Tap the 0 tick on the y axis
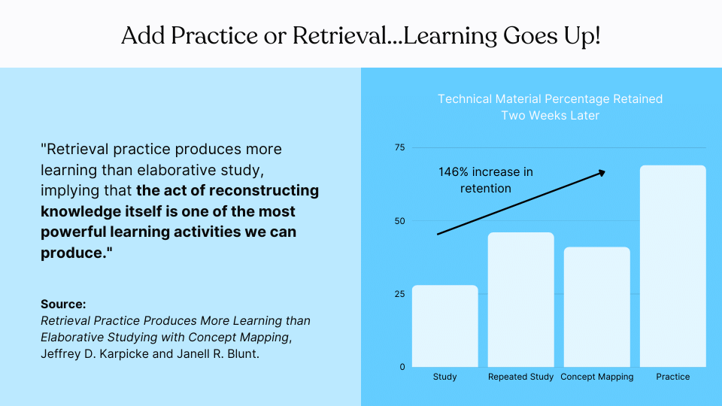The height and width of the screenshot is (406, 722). [402, 367]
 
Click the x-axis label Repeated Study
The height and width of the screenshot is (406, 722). [520, 377]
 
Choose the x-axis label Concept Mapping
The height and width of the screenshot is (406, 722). [596, 377]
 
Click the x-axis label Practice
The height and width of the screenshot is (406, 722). [672, 377]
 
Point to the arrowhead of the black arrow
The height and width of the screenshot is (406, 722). [602, 173]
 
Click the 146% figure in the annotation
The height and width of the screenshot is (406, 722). [454, 172]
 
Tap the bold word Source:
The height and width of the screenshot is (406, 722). [63, 304]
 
